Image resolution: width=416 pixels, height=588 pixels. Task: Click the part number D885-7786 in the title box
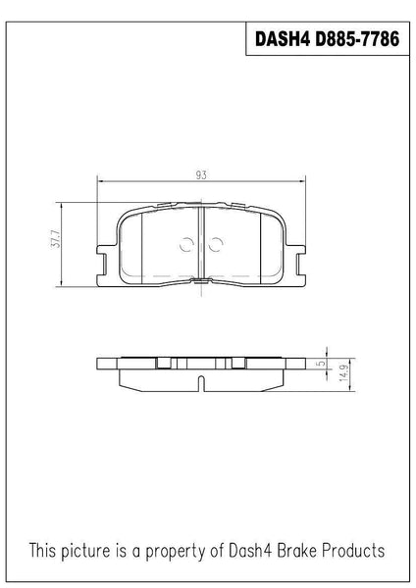357,39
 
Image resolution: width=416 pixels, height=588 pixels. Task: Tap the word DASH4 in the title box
283,39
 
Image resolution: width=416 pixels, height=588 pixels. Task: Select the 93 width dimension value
201,175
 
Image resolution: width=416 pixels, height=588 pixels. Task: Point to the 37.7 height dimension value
56,238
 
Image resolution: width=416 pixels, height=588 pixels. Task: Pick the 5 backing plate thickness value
322,364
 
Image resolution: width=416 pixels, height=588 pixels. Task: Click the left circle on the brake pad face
186,244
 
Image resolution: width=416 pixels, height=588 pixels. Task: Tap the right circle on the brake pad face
216,244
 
